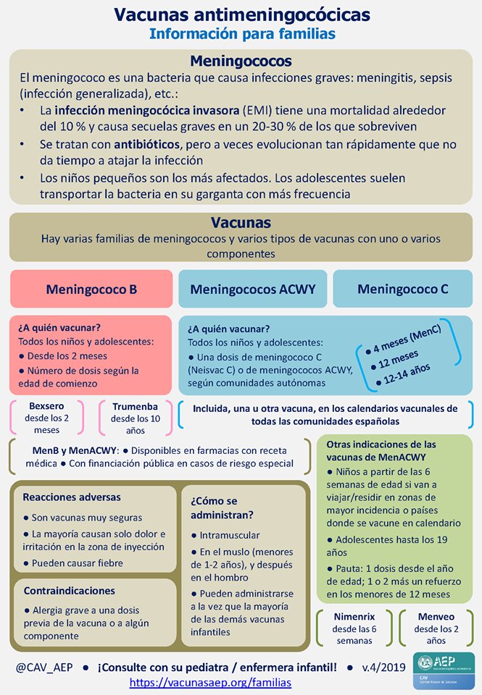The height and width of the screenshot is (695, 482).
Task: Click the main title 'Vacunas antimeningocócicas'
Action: pyautogui.click(x=241, y=14)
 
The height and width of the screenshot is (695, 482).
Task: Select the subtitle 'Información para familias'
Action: pyautogui.click(x=241, y=33)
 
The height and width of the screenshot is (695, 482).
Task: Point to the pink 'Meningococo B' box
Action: pyautogui.click(x=91, y=289)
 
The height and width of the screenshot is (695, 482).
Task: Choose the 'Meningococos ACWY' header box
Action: pyautogui.click(x=253, y=289)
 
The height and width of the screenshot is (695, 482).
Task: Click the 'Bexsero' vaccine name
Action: pyautogui.click(x=46, y=407)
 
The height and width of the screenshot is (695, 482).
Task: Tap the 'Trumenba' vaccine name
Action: pyautogui.click(x=130, y=407)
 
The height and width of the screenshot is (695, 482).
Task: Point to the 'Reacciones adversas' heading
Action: pyautogui.click(x=72, y=497)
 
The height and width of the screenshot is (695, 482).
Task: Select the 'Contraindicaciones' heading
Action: pyautogui.click(x=70, y=591)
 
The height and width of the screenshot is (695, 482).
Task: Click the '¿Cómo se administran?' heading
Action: pyautogui.click(x=222, y=507)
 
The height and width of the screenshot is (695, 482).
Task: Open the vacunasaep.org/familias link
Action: pyautogui.click(x=210, y=682)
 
